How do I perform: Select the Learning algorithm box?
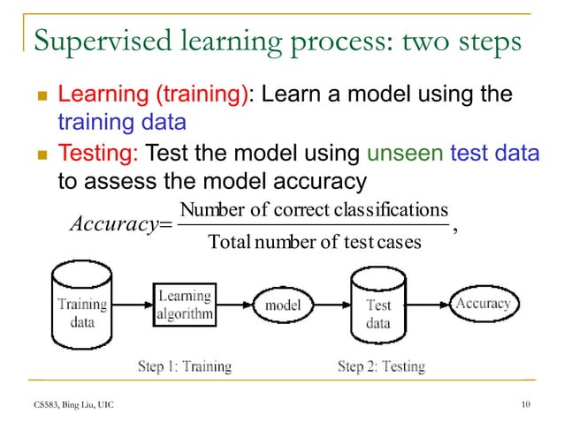point(184,305)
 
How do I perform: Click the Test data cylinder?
point(377,309)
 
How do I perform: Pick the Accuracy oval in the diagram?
point(483,304)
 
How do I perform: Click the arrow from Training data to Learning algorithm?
point(133,305)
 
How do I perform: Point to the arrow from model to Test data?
point(332,305)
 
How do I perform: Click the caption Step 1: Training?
point(184,365)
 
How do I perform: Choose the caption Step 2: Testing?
point(381,365)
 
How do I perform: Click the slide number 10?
point(528,405)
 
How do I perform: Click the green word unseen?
point(401,155)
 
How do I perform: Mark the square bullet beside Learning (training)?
point(37,96)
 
